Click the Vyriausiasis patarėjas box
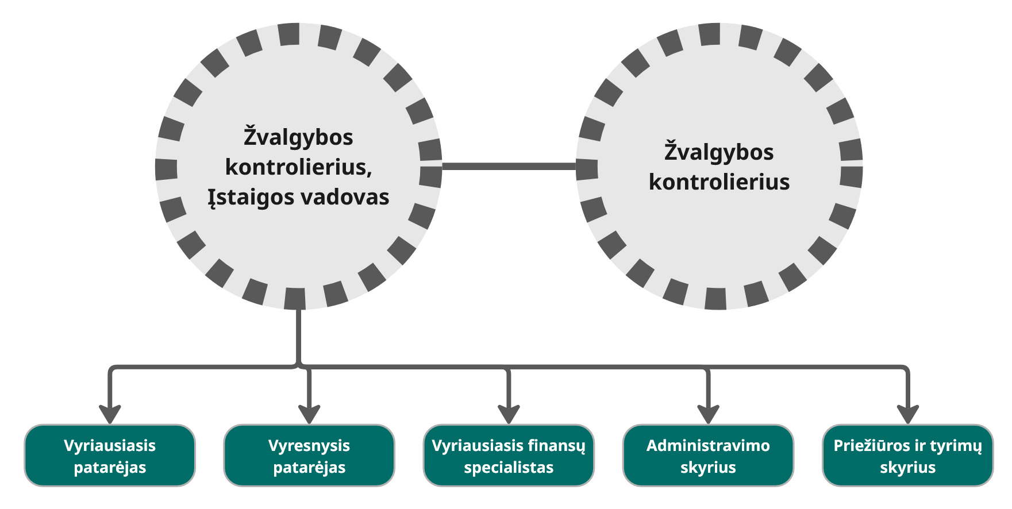tap(110, 456)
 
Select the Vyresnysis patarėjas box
tap(309, 456)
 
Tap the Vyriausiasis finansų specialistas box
tap(509, 456)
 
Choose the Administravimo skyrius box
tap(708, 456)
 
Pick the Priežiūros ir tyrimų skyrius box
tap(907, 456)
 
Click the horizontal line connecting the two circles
tap(509, 167)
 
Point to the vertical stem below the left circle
tap(298, 336)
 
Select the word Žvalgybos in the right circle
tap(719, 153)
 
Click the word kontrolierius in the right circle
tap(719, 182)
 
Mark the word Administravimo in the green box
tap(708, 446)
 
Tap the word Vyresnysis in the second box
tap(309, 446)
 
